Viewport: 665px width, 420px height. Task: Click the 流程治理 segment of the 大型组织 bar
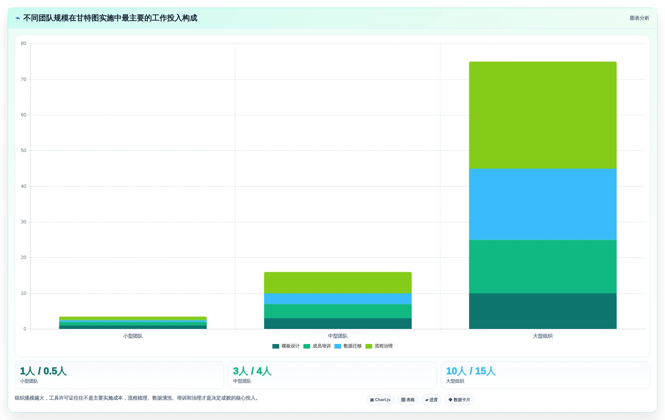543,115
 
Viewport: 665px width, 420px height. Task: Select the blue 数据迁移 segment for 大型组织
543,204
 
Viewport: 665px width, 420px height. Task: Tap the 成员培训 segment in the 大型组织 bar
543,267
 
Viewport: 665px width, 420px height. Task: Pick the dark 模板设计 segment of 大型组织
543,311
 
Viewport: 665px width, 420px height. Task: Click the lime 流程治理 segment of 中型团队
338,283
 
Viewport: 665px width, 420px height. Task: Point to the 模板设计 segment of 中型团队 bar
338,324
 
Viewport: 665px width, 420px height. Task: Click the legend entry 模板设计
286,346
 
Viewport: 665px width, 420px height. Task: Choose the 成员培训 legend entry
317,346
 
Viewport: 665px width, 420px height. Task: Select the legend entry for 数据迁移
348,346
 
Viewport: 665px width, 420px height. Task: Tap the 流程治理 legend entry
379,346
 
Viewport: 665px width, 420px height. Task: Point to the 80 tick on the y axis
23,43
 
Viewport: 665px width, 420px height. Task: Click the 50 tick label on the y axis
23,150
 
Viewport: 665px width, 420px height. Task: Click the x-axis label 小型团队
133,336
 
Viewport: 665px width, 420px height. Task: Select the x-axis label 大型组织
543,336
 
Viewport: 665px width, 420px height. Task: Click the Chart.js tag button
380,400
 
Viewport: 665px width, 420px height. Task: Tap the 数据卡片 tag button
459,400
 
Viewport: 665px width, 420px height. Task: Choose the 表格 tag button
408,400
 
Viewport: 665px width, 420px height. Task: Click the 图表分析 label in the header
639,18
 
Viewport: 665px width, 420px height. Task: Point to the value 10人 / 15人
471,371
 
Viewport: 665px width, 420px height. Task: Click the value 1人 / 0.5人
43,371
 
